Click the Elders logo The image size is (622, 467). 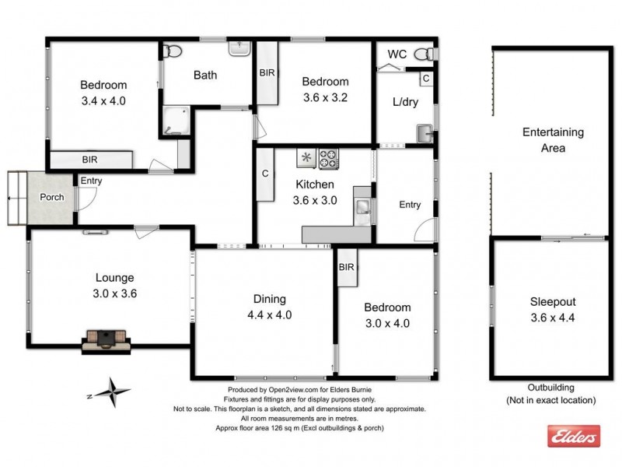coord(574,436)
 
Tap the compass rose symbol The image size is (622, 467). coord(114,392)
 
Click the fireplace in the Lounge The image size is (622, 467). coord(105,339)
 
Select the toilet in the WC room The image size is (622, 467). coord(424,54)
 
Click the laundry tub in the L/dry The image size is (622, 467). coord(425,133)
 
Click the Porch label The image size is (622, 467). coord(52,197)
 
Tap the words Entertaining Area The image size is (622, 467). coord(553,140)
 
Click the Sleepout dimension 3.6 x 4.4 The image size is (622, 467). coord(553,317)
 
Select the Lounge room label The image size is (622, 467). coord(115,277)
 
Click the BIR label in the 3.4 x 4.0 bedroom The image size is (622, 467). coord(90,160)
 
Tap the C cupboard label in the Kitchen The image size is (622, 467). coord(265,174)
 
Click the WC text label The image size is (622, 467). coord(397,54)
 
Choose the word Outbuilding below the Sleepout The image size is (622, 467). coord(550,388)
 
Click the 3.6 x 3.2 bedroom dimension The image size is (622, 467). coord(325,98)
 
